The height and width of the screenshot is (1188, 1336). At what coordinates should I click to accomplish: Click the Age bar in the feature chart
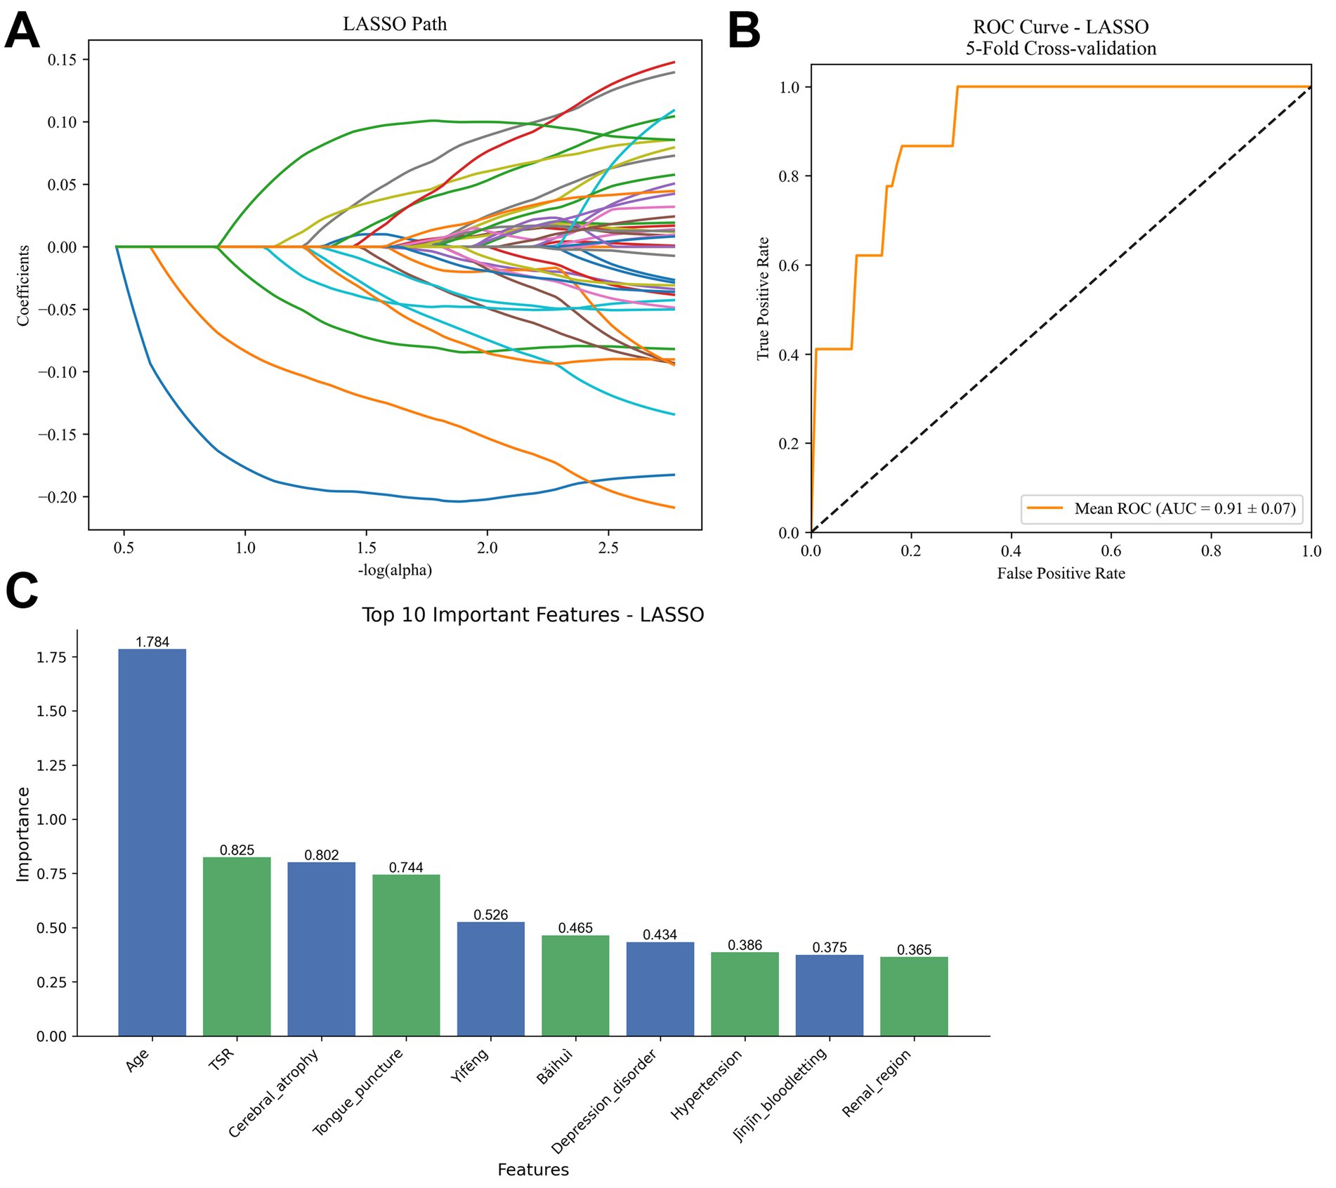152,843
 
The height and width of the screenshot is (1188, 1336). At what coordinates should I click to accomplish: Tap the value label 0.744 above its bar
406,867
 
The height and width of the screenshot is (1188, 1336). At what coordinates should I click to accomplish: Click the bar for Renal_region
914,996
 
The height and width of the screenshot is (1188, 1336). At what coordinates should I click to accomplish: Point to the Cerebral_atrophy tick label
274,1093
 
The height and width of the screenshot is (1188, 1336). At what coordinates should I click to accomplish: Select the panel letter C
22,591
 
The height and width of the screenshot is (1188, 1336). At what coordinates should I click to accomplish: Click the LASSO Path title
395,24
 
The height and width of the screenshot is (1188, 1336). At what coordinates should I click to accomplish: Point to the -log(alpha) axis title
395,570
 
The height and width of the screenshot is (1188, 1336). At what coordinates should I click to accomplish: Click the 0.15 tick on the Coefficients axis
63,60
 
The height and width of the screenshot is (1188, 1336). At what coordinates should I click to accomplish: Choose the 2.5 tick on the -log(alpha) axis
608,548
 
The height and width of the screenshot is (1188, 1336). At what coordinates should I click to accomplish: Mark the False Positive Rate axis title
1061,574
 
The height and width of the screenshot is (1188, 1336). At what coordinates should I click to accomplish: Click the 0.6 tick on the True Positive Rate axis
790,265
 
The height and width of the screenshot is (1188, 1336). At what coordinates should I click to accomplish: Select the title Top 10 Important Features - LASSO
532,615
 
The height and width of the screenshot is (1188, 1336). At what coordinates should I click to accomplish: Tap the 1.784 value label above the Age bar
152,642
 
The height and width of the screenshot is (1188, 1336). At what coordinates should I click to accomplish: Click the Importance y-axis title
23,833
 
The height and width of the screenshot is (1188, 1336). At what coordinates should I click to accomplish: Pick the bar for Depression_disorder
660,989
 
